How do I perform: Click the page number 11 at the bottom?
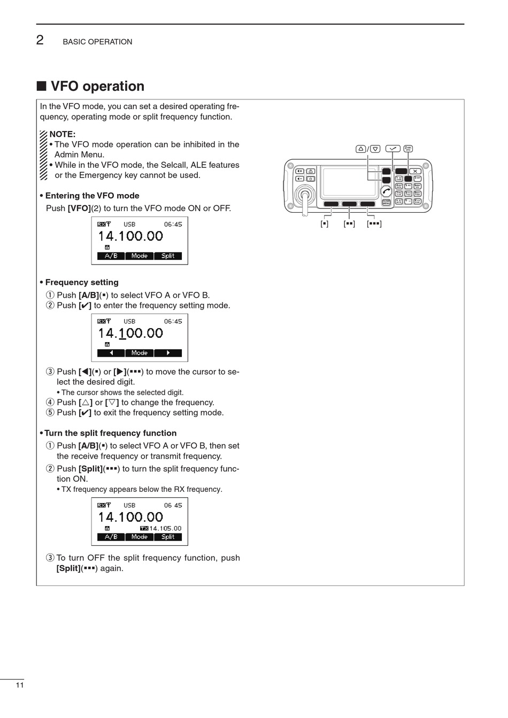[x=20, y=685]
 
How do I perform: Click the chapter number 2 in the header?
[x=40, y=40]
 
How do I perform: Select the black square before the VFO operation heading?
[x=41, y=87]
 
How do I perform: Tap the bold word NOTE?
[x=62, y=134]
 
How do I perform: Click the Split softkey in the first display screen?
[x=168, y=256]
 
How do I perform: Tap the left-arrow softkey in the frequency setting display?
[x=111, y=353]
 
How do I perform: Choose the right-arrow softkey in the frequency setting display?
[x=168, y=353]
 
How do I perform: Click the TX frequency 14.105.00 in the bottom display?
[x=165, y=528]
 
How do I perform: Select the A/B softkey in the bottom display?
[x=111, y=537]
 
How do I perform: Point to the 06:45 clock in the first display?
[x=173, y=225]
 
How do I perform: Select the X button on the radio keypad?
[x=415, y=171]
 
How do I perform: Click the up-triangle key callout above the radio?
[x=361, y=149]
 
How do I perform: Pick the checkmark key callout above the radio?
[x=393, y=149]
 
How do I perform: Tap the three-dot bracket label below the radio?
[x=374, y=223]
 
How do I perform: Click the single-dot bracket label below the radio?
[x=325, y=223]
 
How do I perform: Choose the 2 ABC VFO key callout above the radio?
[x=408, y=149]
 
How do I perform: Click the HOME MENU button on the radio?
[x=386, y=203]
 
